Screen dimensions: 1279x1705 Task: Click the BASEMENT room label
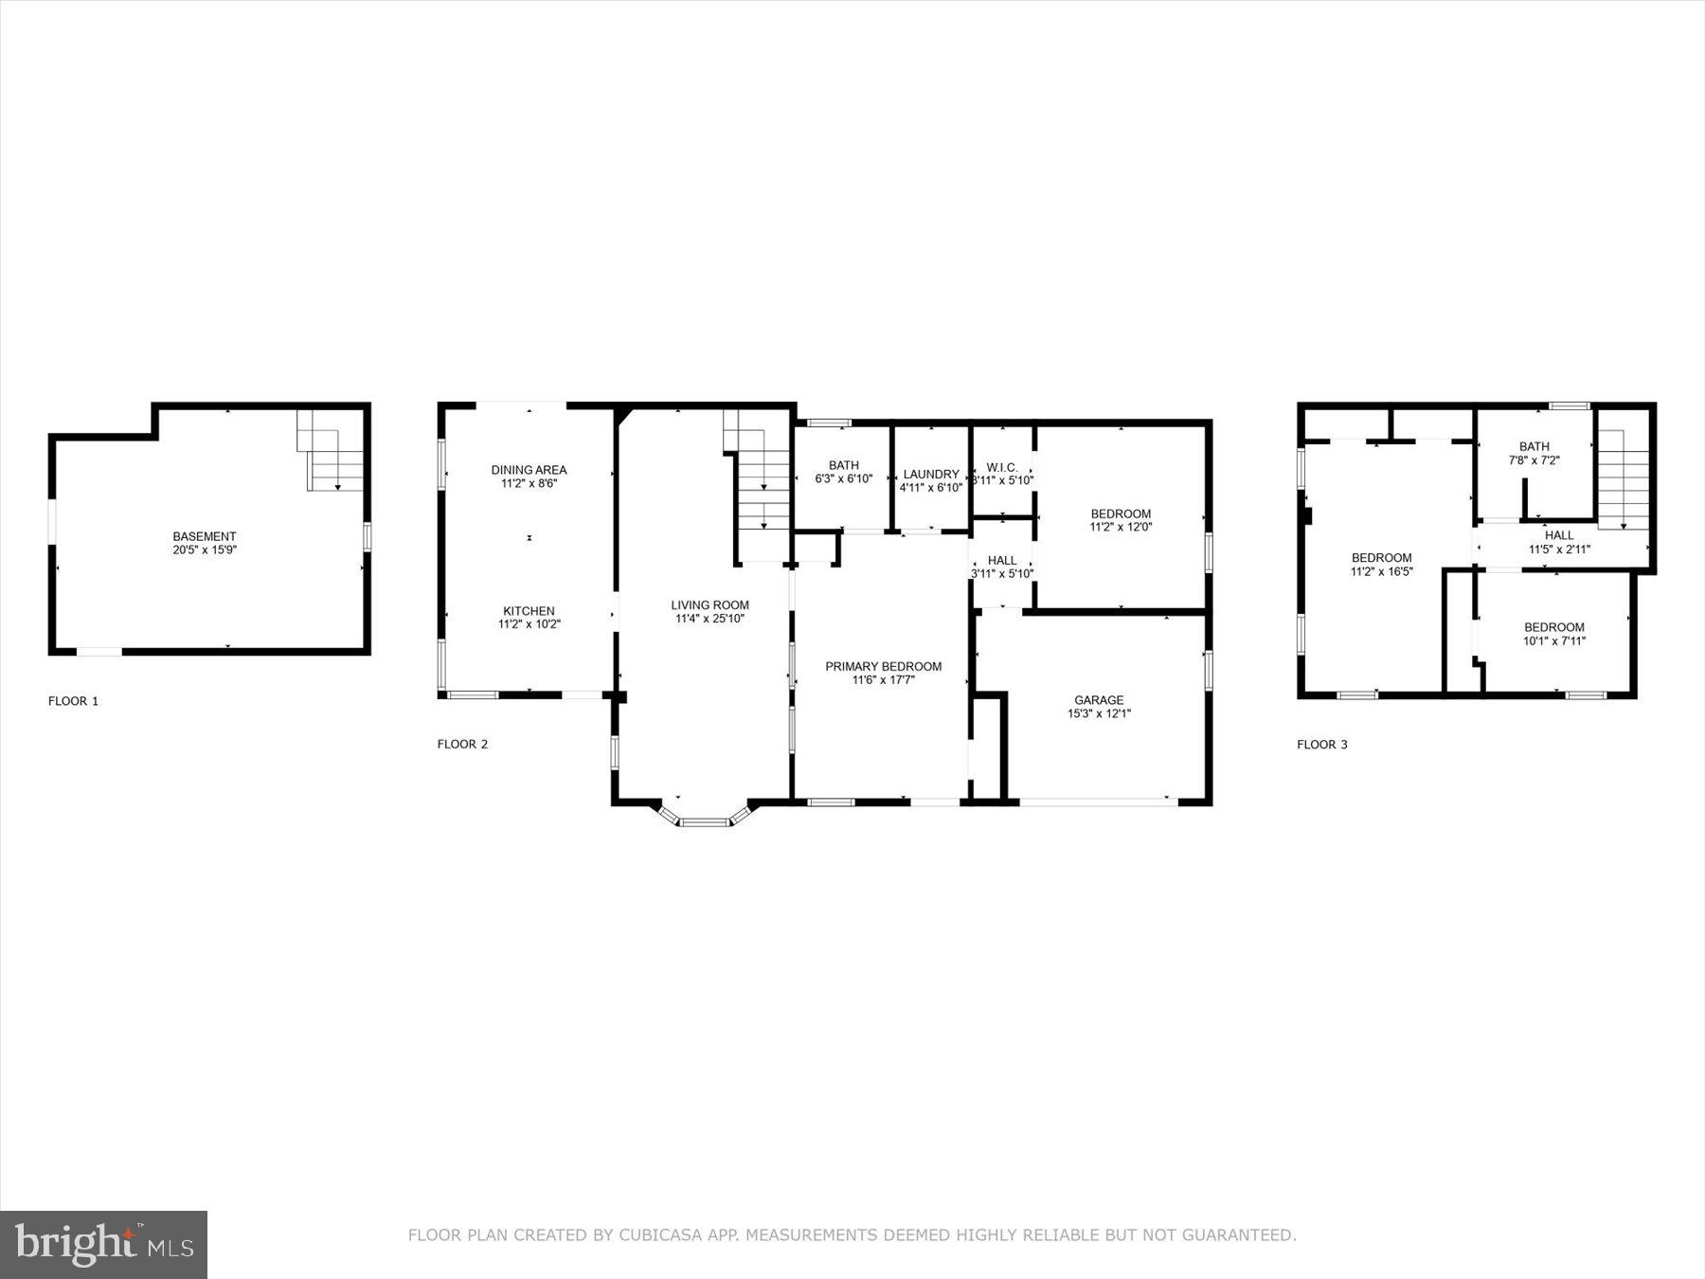204,536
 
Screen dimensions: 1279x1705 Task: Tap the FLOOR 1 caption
73,701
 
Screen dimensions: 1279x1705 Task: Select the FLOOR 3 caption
1321,744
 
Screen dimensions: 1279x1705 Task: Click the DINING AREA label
529,470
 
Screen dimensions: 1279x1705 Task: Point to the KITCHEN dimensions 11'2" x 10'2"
529,624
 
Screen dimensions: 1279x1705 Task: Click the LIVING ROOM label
709,605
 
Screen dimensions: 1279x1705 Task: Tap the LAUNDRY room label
930,474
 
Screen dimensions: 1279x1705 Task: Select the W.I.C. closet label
1001,467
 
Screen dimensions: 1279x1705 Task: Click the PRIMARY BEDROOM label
883,666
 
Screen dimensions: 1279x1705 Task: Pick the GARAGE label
1098,700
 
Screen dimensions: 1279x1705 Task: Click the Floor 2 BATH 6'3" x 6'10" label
843,465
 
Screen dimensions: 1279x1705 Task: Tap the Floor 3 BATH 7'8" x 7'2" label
1534,446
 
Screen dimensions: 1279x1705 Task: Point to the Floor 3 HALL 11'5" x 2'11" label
1558,535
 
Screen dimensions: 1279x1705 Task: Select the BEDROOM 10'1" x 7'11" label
1553,627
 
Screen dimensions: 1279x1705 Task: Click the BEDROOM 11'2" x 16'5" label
1381,558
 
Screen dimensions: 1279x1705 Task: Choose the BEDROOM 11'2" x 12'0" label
1120,513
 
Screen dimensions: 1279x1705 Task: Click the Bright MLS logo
103,1244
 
